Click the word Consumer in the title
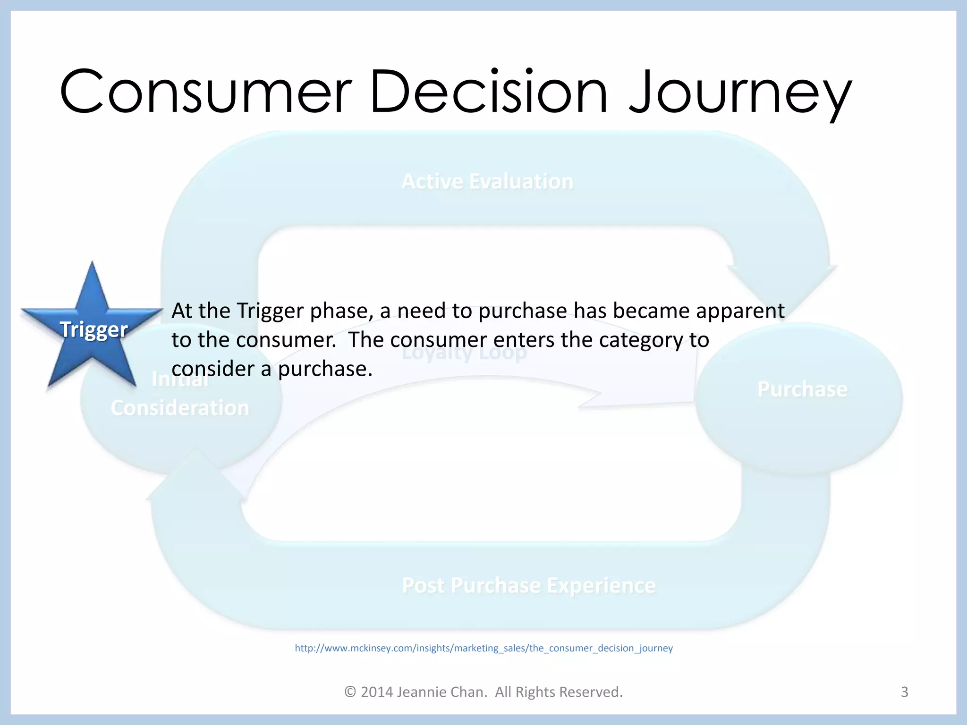coord(205,92)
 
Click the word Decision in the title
coord(489,92)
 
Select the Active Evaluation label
coord(487,182)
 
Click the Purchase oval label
coord(802,389)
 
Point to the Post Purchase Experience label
coord(529,585)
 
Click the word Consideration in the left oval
coord(180,408)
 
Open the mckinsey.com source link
coord(483,648)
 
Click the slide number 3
coord(904,692)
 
